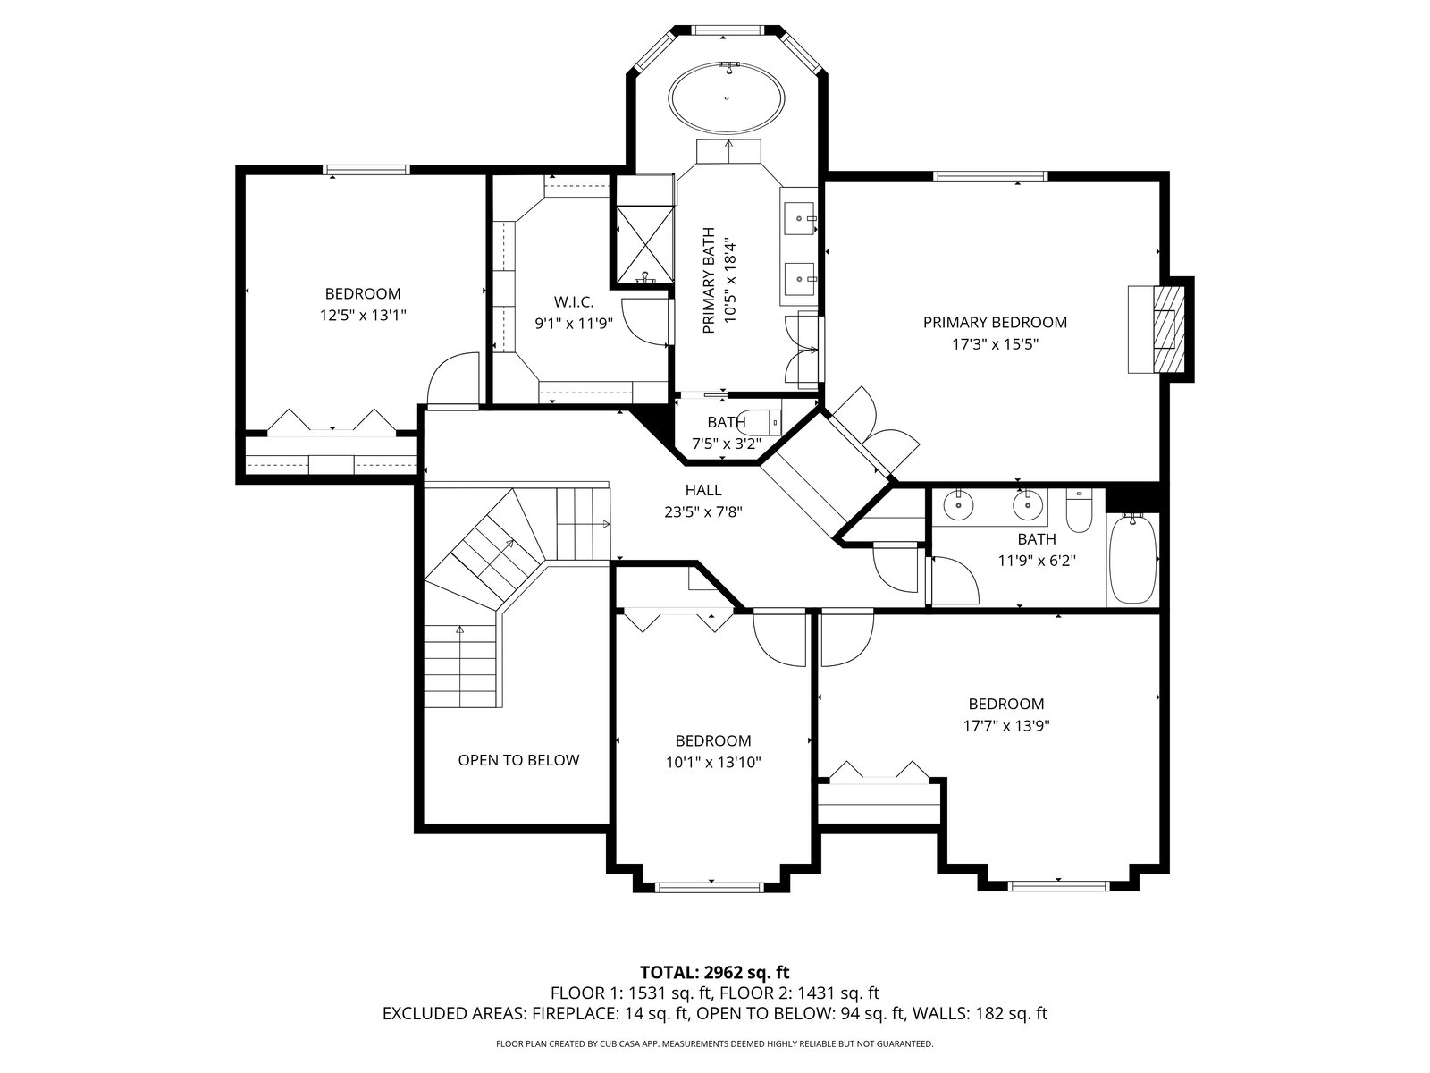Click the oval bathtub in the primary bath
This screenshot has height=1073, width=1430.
(x=727, y=98)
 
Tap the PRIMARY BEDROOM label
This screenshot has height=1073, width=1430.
(x=995, y=322)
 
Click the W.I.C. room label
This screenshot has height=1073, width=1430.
(x=574, y=301)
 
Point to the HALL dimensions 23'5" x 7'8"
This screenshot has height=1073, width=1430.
(x=703, y=511)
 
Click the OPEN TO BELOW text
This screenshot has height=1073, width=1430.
(x=518, y=760)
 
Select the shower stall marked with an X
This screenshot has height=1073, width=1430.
(x=645, y=244)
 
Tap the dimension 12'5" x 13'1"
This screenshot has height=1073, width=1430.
(x=363, y=316)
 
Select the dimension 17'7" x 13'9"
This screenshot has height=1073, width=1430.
(x=1006, y=725)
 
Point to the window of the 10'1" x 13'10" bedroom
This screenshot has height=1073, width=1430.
(x=709, y=887)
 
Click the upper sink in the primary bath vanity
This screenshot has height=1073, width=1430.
(x=799, y=217)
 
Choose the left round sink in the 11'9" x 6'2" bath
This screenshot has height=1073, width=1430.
(x=958, y=505)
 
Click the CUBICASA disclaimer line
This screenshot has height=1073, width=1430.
(x=715, y=1043)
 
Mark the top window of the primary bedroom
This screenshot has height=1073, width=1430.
(x=990, y=175)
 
